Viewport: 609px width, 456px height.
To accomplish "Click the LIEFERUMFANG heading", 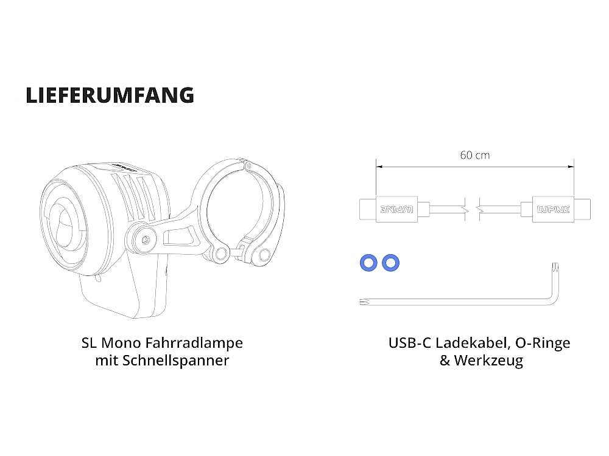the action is (110, 95).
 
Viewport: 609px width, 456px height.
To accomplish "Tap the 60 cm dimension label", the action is (474, 155).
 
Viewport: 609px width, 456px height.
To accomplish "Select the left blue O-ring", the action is (368, 263).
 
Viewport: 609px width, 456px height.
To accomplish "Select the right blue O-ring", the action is (390, 263).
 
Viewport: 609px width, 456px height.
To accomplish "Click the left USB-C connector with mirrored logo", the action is (394, 209).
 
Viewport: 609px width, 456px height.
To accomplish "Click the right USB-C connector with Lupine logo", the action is (555, 209).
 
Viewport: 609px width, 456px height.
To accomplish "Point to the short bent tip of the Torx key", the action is (554, 268).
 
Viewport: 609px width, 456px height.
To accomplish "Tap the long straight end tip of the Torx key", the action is (364, 301).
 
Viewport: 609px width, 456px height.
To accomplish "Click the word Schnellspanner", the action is (175, 361).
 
